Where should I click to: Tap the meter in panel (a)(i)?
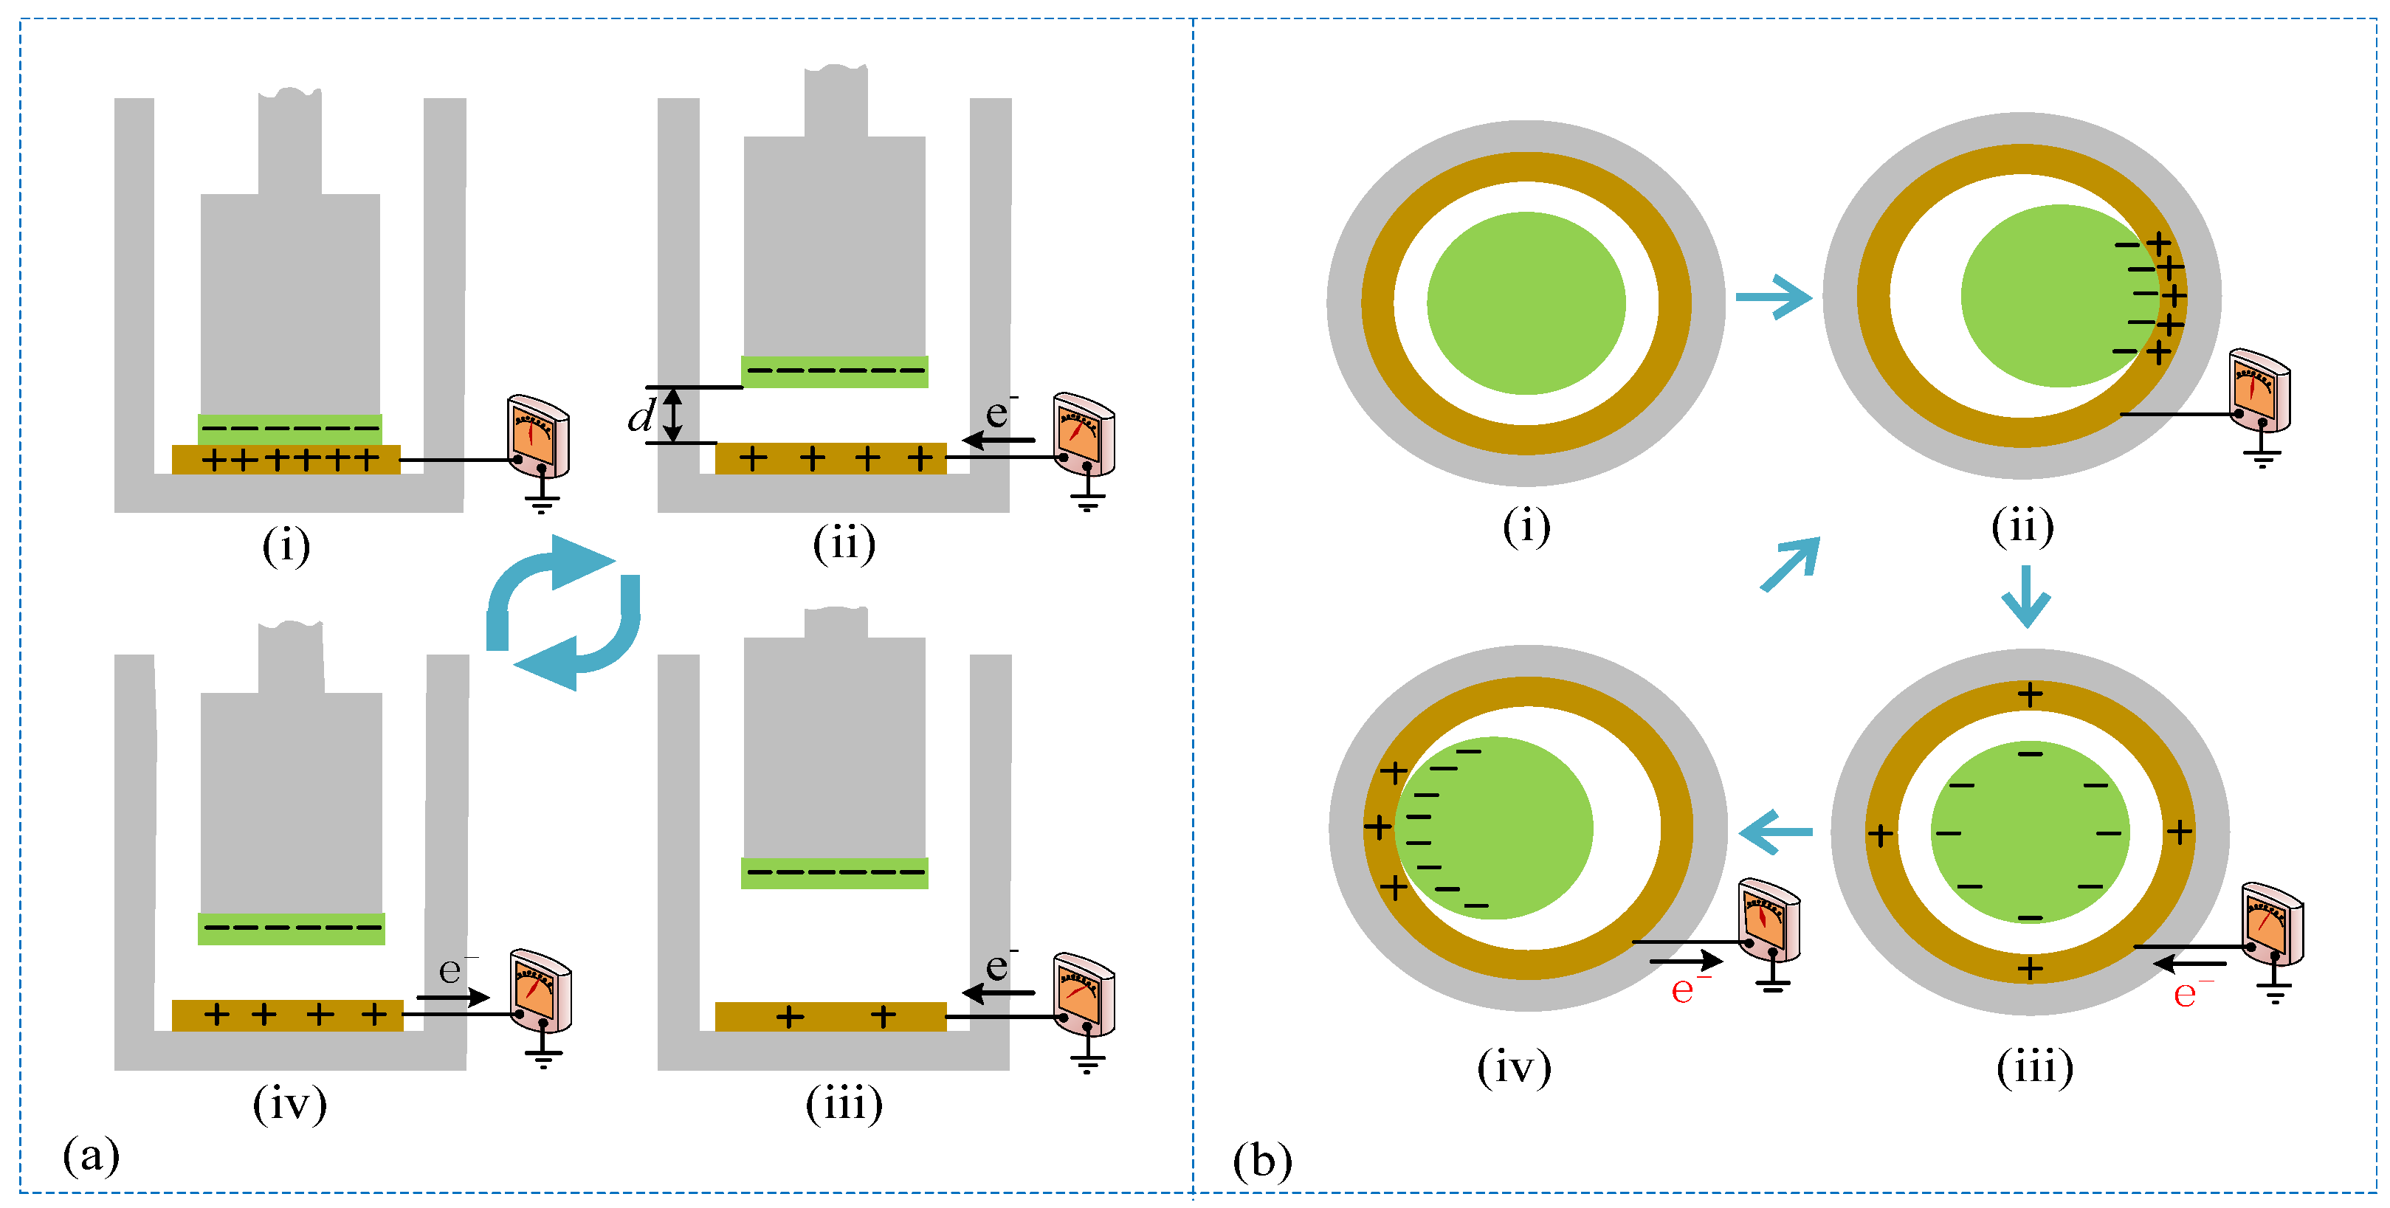538,436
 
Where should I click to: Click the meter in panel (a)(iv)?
541,990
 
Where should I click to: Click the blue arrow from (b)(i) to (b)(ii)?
1773,297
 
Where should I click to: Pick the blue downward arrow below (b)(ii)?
2025,596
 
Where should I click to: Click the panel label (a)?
91,1155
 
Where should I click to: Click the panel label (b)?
1262,1161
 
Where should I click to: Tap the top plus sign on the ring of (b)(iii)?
2030,694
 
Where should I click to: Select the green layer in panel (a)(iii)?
834,873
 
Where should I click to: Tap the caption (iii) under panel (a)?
844,1104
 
